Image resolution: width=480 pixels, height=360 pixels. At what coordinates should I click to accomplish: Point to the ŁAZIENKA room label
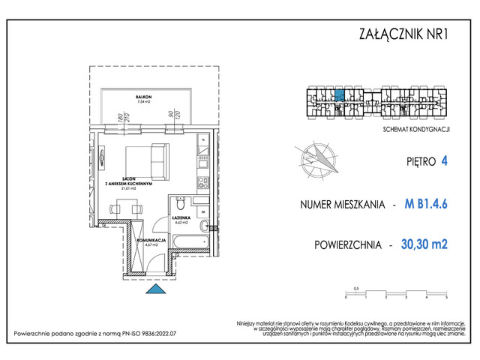point(184,219)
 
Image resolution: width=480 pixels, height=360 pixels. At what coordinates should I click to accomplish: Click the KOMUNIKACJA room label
point(149,238)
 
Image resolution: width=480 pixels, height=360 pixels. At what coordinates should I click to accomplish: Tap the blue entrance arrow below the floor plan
point(154,291)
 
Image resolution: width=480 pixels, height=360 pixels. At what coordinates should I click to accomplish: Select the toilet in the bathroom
point(180,205)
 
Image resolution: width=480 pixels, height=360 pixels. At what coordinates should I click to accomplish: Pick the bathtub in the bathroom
point(191,241)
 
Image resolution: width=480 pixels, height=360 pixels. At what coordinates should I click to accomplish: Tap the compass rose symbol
point(317,159)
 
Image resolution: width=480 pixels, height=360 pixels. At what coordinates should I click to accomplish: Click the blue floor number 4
point(445,160)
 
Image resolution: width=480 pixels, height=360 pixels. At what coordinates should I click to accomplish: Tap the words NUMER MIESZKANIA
point(342,204)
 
